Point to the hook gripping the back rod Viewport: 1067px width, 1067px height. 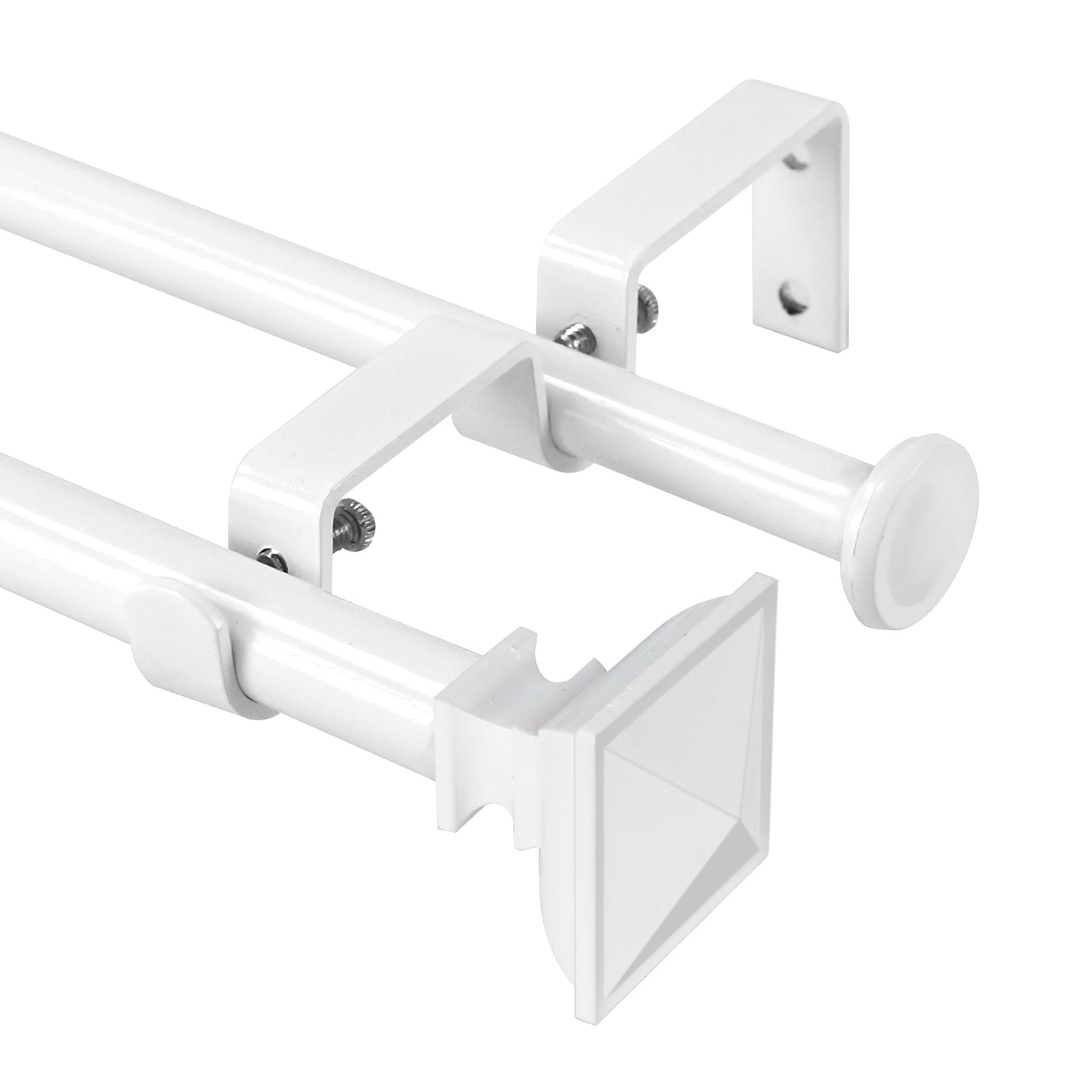point(507,413)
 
